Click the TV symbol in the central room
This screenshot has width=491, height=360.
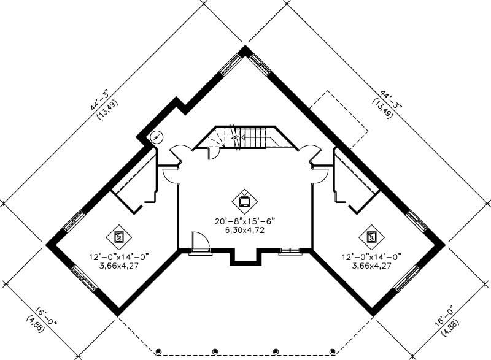click(x=244, y=199)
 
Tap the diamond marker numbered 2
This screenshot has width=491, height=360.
click(x=120, y=236)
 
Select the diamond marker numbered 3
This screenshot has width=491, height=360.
click(x=371, y=236)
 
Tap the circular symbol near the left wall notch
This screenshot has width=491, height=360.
click(x=158, y=137)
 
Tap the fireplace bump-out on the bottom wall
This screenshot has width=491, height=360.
click(x=245, y=257)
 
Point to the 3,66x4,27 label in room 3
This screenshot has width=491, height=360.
click(x=372, y=266)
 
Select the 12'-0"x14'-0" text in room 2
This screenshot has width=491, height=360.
click(x=119, y=256)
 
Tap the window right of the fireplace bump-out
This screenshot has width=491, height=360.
click(x=290, y=250)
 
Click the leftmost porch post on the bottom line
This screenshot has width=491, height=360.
click(x=158, y=351)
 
